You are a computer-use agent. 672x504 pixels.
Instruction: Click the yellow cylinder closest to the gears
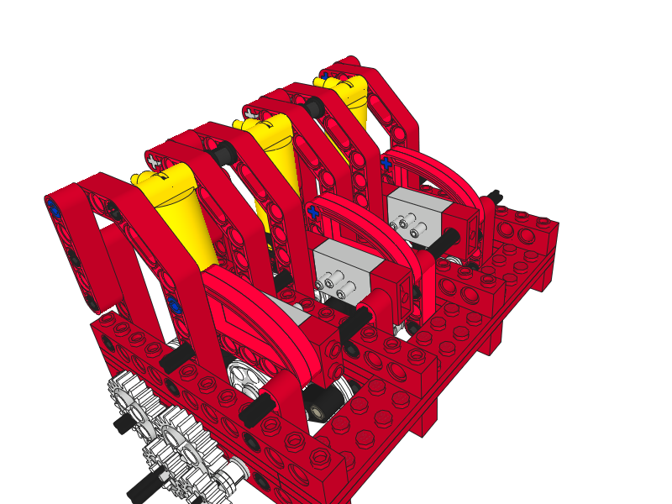[x=172, y=210]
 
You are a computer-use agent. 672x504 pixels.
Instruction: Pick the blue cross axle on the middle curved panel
[x=314, y=212]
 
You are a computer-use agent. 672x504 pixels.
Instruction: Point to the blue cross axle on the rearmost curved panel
[x=385, y=162]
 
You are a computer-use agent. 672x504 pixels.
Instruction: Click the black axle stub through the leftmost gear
[x=124, y=424]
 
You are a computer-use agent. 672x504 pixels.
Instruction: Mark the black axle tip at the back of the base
[x=496, y=195]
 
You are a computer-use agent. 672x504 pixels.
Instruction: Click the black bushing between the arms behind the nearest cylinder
[x=223, y=153]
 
